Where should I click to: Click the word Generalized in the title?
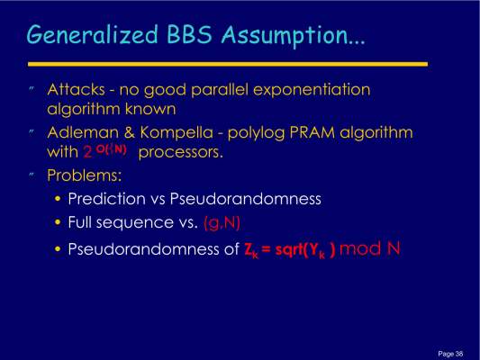[93, 34]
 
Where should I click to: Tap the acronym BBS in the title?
[189, 33]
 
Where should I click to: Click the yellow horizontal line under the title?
[228, 64]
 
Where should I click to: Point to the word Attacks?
[77, 90]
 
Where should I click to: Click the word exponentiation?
[312, 90]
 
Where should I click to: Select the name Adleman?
[83, 132]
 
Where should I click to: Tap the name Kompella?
[177, 133]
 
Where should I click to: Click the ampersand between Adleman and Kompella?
[130, 132]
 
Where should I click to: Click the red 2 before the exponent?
[87, 152]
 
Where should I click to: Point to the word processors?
[181, 153]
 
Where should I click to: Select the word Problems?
[85, 175]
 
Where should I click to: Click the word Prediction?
[106, 199]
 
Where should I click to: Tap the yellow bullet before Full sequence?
[58, 222]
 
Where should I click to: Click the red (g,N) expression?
[222, 223]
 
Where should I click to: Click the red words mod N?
[370, 248]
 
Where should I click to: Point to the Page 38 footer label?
[450, 354]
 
